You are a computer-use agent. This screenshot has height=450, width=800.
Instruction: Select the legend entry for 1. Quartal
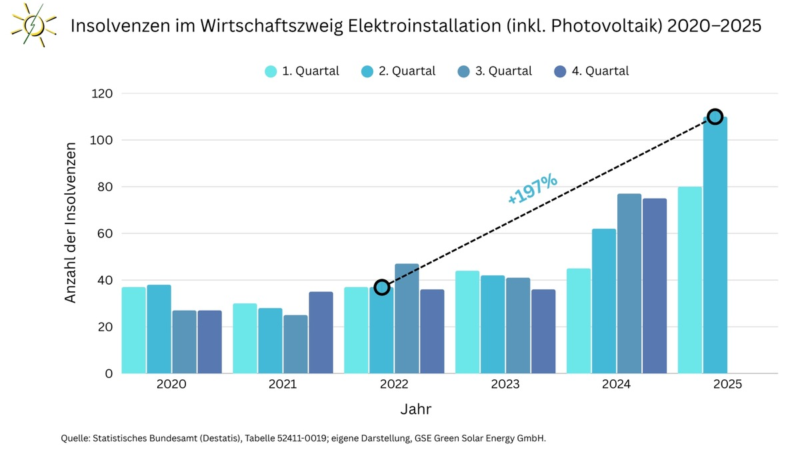click(302, 71)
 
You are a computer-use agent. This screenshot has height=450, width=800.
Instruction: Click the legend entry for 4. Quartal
click(591, 71)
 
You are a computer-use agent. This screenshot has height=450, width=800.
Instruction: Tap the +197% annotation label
click(532, 189)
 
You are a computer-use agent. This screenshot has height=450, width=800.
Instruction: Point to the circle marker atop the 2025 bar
click(715, 117)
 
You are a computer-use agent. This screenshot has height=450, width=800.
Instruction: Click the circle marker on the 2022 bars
click(381, 287)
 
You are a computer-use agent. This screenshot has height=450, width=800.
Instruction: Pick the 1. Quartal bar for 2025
click(690, 280)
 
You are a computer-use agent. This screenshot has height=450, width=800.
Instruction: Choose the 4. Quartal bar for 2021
click(321, 332)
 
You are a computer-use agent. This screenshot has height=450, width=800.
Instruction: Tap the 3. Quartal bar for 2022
click(407, 319)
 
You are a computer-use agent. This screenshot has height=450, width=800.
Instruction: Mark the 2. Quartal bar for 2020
click(159, 329)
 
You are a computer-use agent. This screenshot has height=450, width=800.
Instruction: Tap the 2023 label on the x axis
click(505, 385)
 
